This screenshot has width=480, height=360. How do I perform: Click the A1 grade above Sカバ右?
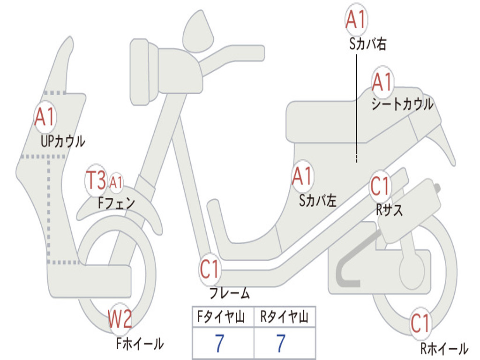pyautogui.click(x=355, y=20)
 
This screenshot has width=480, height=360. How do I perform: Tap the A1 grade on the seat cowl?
pyautogui.click(x=382, y=83)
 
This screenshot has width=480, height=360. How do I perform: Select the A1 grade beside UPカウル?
pyautogui.click(x=45, y=117)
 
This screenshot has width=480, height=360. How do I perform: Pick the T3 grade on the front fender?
pyautogui.click(x=96, y=181)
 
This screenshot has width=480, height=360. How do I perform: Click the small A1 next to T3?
pyautogui.click(x=116, y=182)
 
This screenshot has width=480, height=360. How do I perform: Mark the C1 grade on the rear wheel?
pyautogui.click(x=420, y=323)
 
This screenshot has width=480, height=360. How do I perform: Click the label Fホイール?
pyautogui.click(x=140, y=344)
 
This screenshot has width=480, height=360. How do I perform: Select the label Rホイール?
pyautogui.click(x=443, y=349)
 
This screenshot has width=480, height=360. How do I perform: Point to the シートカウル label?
pyautogui.click(x=402, y=105)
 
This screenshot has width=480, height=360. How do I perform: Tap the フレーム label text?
pyautogui.click(x=229, y=293)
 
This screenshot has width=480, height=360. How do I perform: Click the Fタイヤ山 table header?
pyautogui.click(x=223, y=317)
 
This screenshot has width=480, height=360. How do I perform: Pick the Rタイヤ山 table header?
pyautogui.click(x=284, y=317)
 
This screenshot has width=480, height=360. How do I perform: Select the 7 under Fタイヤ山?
pyautogui.click(x=219, y=344)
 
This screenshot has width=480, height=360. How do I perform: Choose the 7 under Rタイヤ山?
pyautogui.click(x=280, y=344)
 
